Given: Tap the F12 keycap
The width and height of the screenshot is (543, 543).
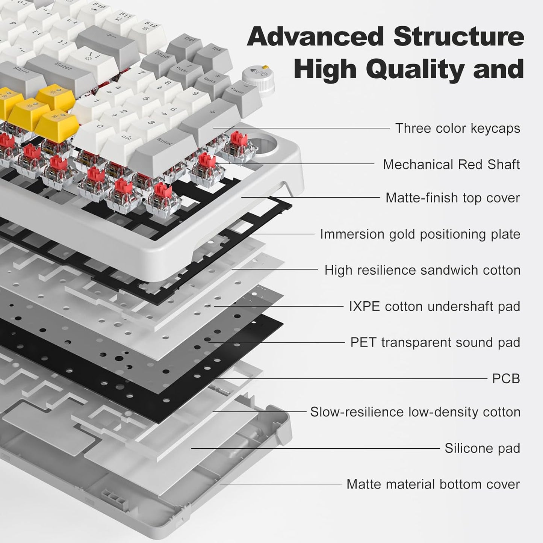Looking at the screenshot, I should [148, 29].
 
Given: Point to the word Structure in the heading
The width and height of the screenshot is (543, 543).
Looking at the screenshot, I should [458, 36].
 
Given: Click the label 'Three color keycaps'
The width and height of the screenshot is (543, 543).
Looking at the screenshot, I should [457, 129].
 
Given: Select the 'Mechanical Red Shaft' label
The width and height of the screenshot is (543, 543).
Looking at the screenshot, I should [451, 165].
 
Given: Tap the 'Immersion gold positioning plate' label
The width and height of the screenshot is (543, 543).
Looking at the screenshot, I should [420, 234].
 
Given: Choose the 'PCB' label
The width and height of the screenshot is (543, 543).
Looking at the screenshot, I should [506, 378].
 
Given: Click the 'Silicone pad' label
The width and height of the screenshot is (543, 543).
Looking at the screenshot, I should [482, 448].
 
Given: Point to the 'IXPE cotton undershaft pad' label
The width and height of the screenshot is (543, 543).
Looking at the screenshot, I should [434, 306].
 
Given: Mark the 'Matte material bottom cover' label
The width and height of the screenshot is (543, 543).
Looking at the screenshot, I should [433, 484].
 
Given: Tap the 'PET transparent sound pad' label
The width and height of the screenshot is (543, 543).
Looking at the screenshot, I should [435, 342].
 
